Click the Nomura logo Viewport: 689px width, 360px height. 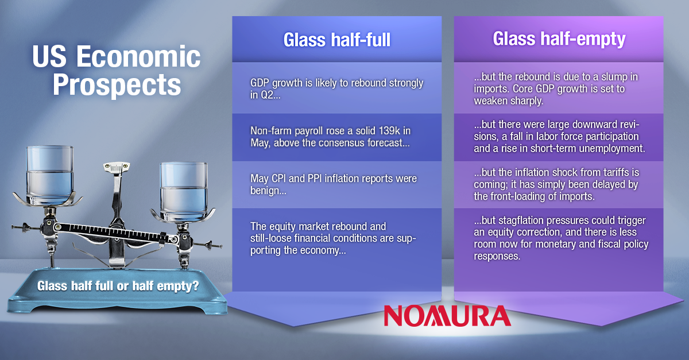click(447, 316)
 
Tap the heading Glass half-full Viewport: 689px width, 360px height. click(337, 40)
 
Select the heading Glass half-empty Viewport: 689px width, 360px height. click(559, 39)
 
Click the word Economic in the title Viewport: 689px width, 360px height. click(138, 56)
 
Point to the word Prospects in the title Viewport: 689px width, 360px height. click(117, 85)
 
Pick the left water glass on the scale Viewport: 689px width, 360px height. click(49, 175)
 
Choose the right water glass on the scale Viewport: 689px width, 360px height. click(184, 191)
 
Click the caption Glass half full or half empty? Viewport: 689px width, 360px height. click(118, 286)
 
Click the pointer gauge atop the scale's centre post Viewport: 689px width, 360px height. click(116, 168)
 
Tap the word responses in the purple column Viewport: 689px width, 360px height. click(497, 256)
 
